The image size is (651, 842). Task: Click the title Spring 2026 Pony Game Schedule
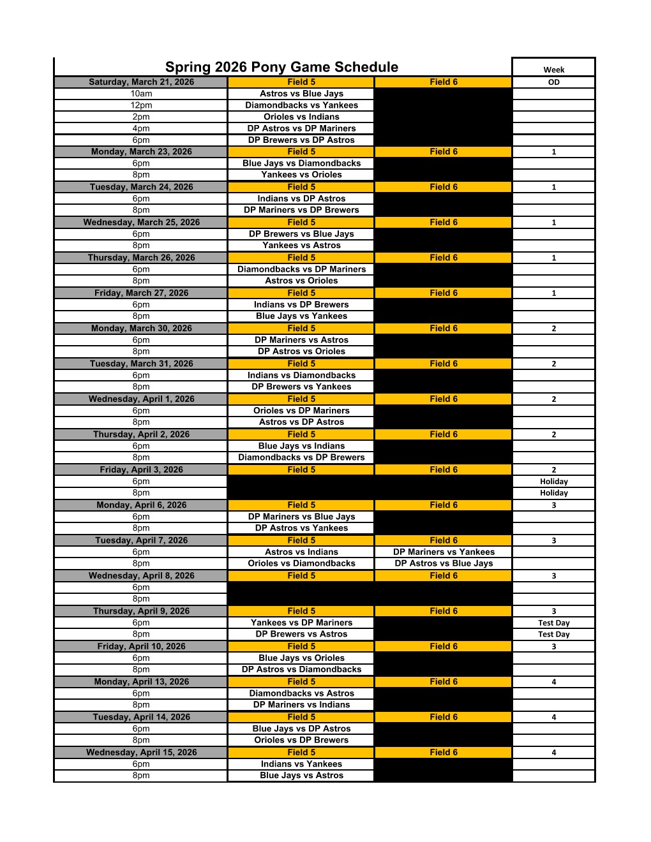281,67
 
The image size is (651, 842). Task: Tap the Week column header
553,70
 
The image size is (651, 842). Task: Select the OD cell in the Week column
553,82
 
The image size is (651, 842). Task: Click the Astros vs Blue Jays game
301,94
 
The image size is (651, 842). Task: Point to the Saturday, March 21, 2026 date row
141,82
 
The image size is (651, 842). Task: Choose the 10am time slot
141,94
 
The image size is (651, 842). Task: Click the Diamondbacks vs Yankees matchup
301,105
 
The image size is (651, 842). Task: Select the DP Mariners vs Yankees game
444,552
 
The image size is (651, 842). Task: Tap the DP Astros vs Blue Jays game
444,564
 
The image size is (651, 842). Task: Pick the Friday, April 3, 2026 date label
141,469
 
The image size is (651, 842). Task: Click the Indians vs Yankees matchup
301,764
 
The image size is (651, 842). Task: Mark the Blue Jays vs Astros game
301,776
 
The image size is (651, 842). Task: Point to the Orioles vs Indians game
301,117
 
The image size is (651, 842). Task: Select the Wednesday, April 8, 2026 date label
141,575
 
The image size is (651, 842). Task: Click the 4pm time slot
141,128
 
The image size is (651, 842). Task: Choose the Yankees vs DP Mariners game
301,623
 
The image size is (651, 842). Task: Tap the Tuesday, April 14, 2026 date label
141,717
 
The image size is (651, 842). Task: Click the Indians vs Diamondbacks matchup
301,376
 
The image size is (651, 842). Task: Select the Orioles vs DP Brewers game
301,741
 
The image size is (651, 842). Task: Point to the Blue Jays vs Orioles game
301,658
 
